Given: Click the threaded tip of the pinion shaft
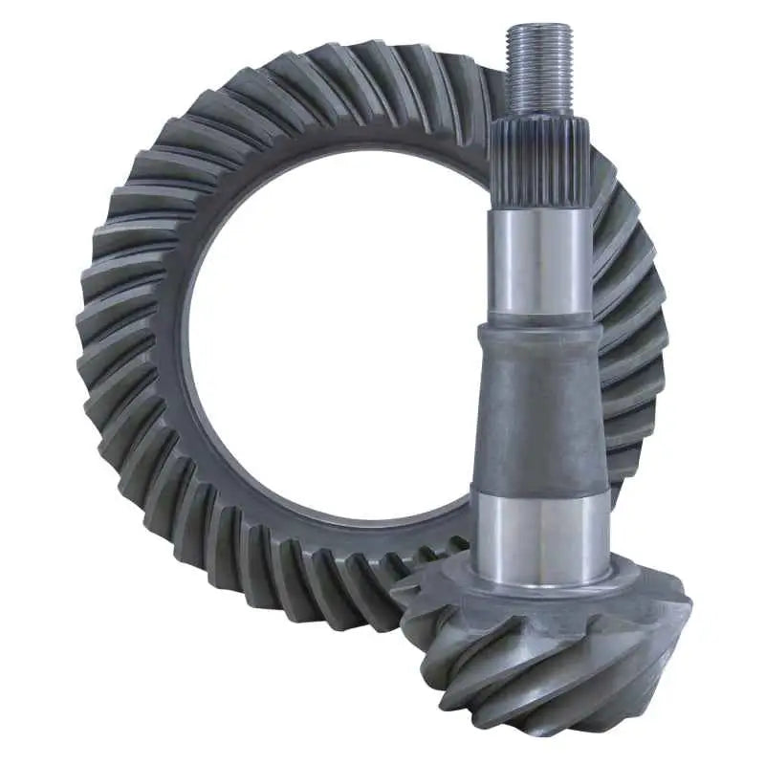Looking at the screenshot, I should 539,67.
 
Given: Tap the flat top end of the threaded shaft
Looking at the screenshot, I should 539,29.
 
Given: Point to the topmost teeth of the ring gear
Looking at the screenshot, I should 363,72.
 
